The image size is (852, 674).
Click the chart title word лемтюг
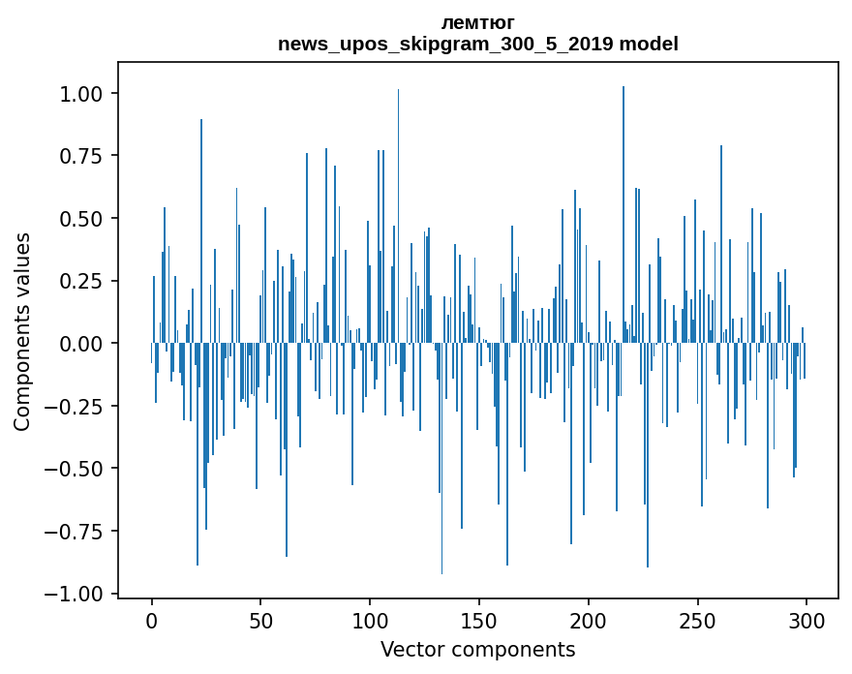(478, 22)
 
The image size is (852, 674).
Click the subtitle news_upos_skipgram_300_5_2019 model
(478, 44)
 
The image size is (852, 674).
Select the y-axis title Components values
(22, 331)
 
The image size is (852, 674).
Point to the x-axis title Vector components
(478, 649)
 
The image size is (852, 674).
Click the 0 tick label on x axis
(152, 621)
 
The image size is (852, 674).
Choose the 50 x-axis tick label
(260, 621)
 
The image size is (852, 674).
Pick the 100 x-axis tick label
(370, 621)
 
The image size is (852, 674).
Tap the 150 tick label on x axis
(479, 621)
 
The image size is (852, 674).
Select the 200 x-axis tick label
(589, 621)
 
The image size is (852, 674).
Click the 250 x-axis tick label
(697, 621)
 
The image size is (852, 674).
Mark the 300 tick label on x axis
(806, 621)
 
